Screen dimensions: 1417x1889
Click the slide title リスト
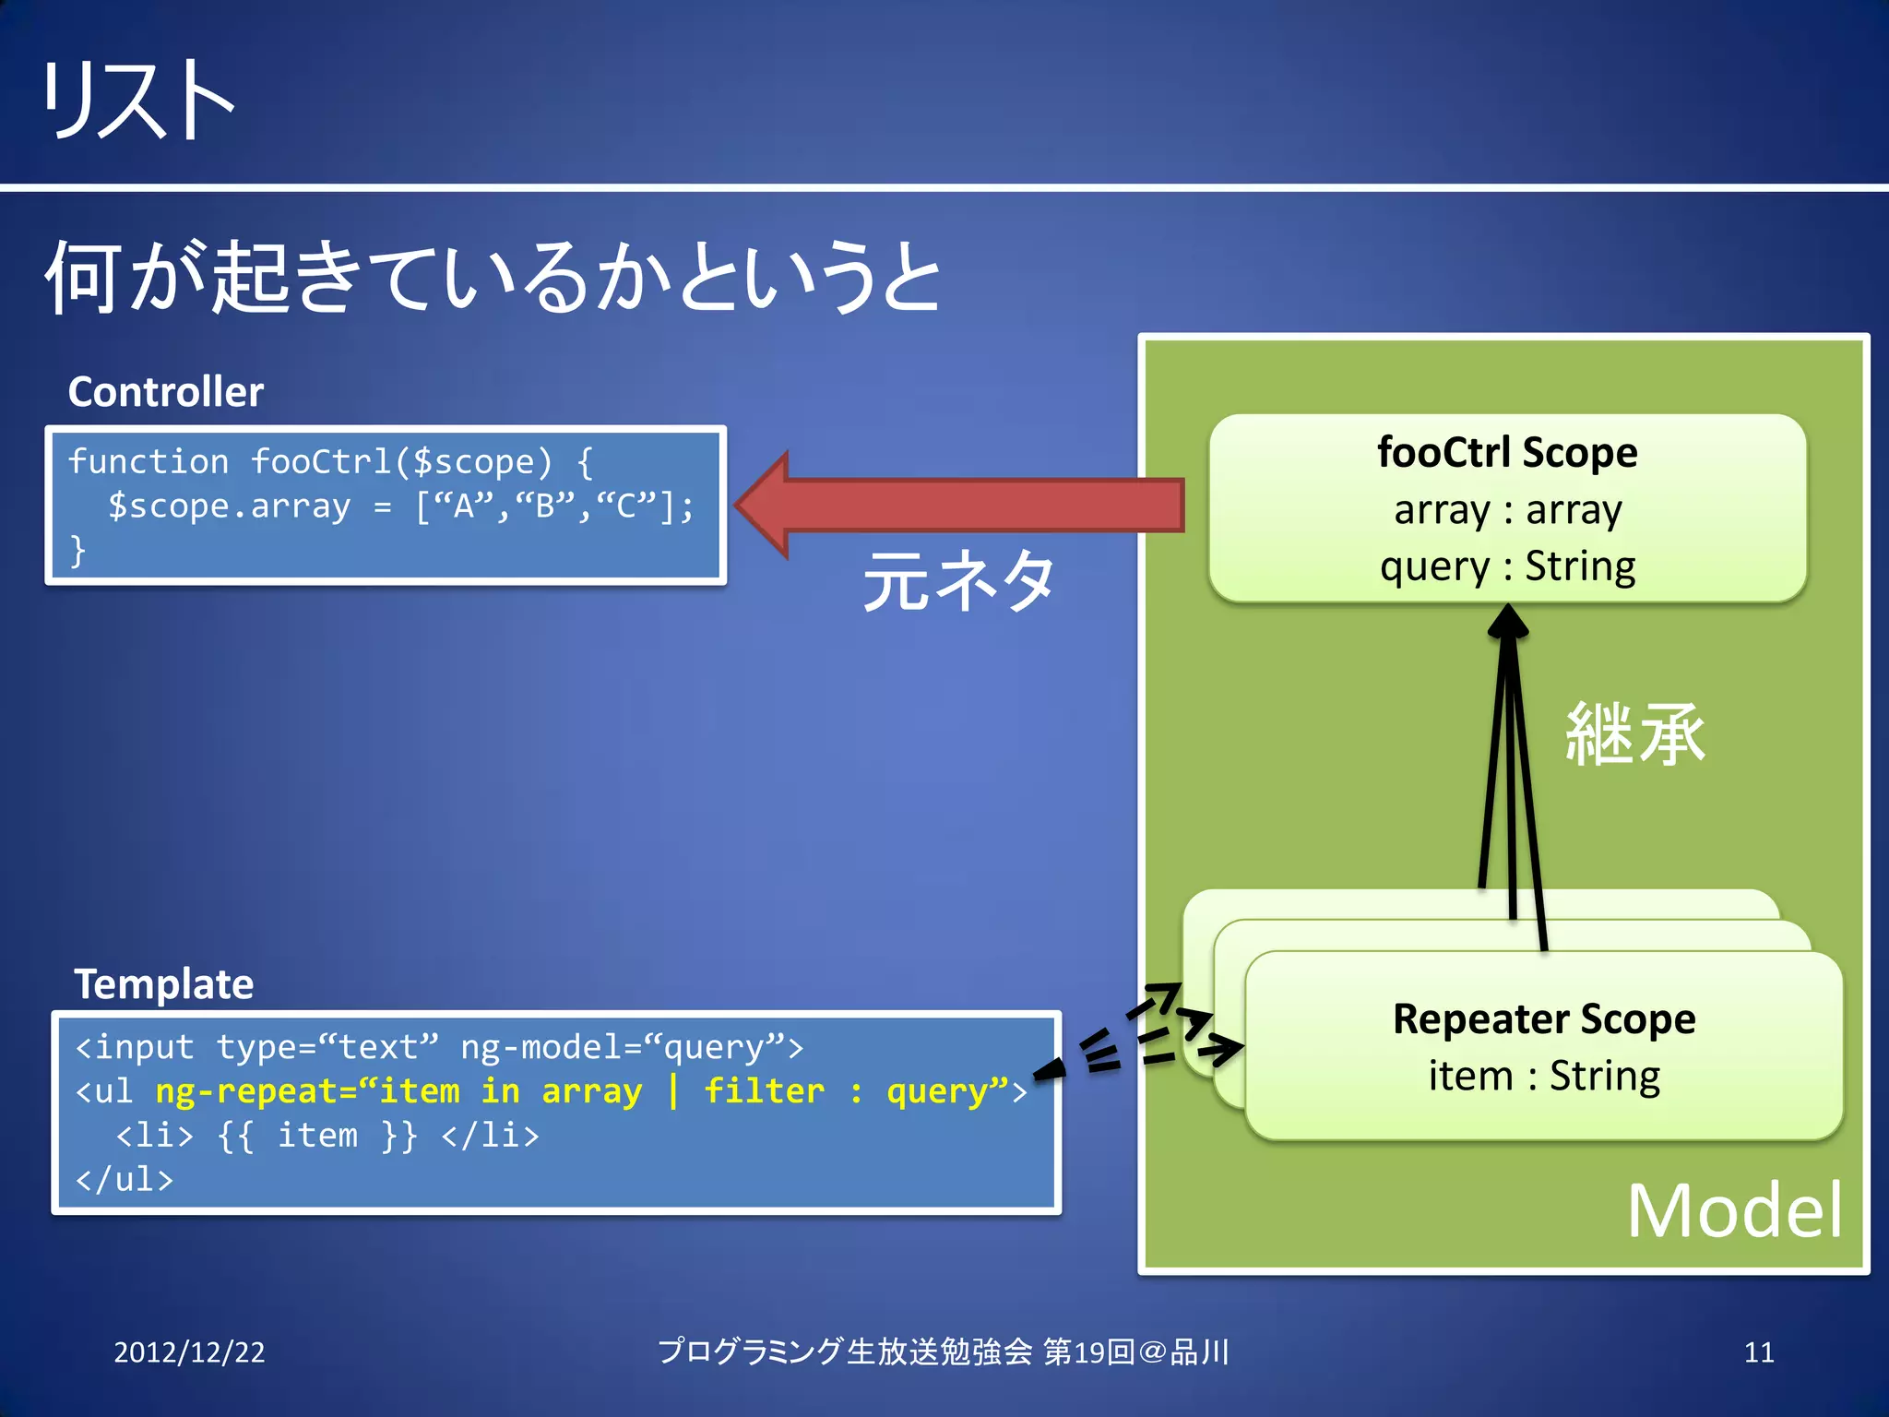click(138, 100)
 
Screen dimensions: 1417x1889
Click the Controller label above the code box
click(166, 392)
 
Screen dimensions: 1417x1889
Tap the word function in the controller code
click(148, 461)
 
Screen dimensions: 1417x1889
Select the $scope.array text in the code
click(229, 506)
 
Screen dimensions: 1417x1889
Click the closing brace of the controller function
click(78, 551)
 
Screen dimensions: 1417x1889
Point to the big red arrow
click(959, 505)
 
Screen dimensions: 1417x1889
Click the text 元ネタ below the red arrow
click(959, 581)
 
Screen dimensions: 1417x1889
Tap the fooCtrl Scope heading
click(1507, 452)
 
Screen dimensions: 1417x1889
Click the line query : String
click(1507, 566)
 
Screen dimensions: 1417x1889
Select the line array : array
click(1507, 509)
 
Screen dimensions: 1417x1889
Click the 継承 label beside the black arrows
click(1635, 734)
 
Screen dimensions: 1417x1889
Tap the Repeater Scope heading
click(1544, 1018)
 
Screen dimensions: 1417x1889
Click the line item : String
click(1544, 1076)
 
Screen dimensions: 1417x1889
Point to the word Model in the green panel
click(1734, 1210)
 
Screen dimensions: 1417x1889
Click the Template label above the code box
click(164, 983)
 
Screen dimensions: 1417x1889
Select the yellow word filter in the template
click(764, 1091)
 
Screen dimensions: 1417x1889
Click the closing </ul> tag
click(125, 1179)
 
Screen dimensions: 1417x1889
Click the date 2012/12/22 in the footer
click(189, 1352)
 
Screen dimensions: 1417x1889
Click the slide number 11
click(1759, 1352)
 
